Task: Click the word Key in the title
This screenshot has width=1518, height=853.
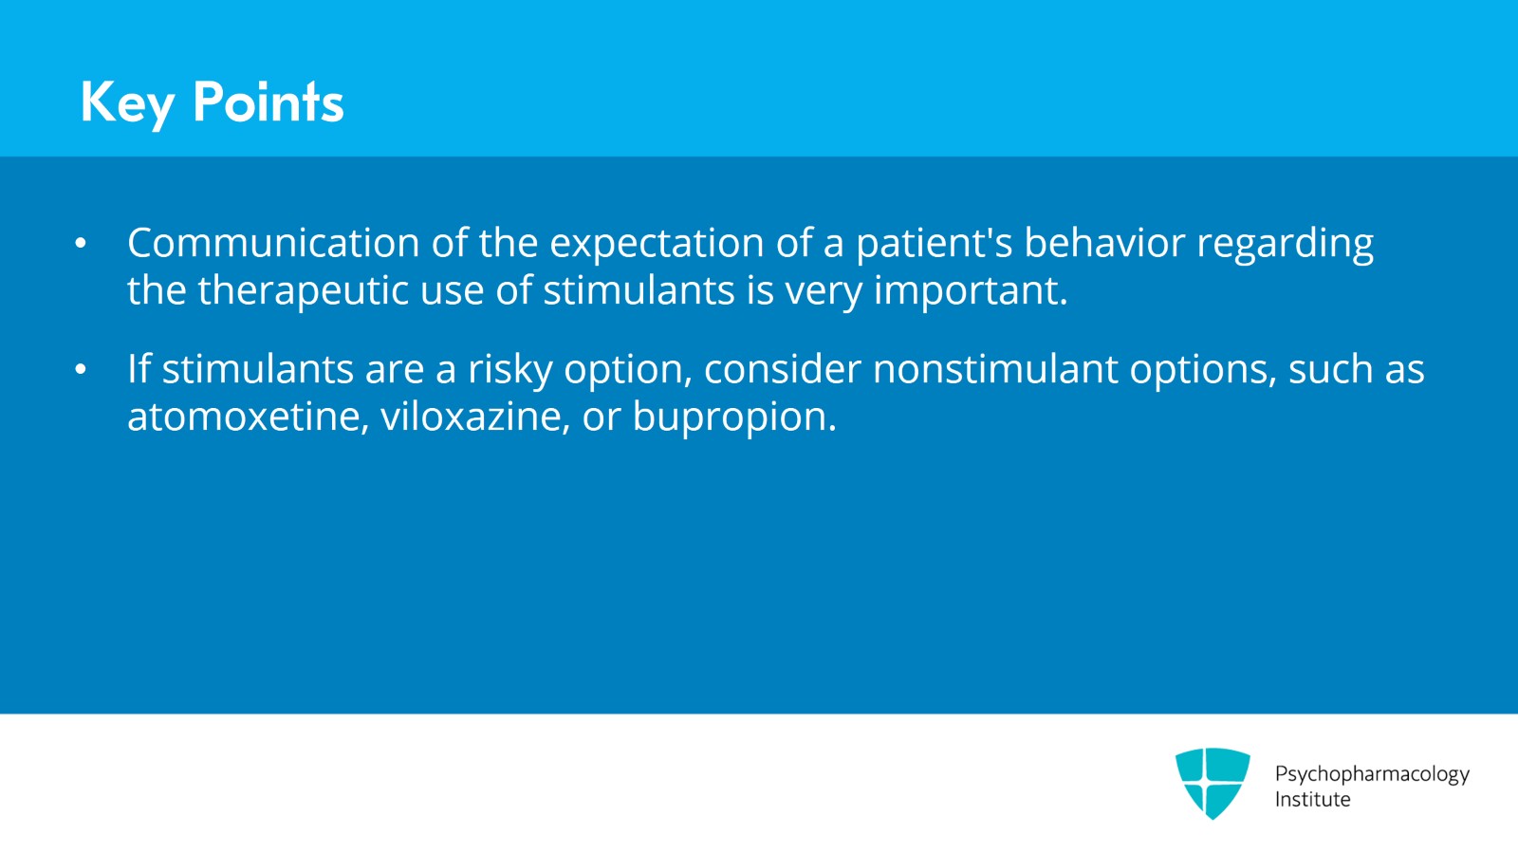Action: pos(127,102)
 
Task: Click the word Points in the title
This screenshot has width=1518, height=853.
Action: pos(268,102)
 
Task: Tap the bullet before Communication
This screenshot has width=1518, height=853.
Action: pos(81,244)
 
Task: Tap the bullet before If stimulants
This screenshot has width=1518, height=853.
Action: pos(81,370)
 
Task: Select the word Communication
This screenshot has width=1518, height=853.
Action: pos(273,243)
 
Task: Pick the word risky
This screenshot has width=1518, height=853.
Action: pos(509,370)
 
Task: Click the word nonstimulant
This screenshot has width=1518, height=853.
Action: pos(995,369)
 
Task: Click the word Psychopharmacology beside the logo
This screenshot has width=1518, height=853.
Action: pos(1371,774)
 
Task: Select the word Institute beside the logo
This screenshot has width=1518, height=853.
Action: pos(1312,800)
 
